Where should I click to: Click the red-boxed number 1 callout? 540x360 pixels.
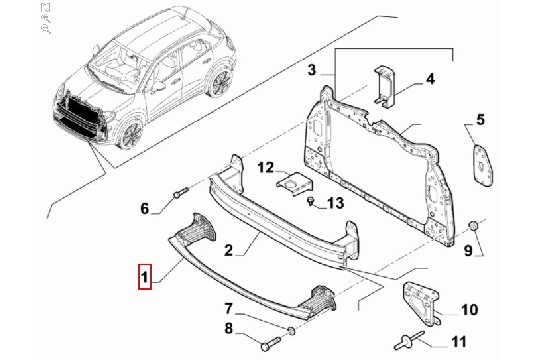pyautogui.click(x=145, y=277)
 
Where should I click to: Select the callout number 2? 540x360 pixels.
pyautogui.click(x=229, y=250)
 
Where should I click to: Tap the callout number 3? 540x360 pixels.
pyautogui.click(x=311, y=70)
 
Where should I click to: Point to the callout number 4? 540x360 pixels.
pyautogui.click(x=430, y=79)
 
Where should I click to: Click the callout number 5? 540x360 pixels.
pyautogui.click(x=480, y=120)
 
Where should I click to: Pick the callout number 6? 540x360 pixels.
pyautogui.click(x=145, y=208)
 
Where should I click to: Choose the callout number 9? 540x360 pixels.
pyautogui.click(x=468, y=250)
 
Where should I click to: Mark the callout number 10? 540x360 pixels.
pyautogui.click(x=469, y=310)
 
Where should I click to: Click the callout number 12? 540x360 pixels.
pyautogui.click(x=266, y=168)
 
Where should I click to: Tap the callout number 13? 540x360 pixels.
pyautogui.click(x=335, y=203)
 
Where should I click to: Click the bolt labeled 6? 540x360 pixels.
pyautogui.click(x=181, y=192)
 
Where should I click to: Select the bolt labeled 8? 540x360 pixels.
pyautogui.click(x=271, y=343)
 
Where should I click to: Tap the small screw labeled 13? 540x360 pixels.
pyautogui.click(x=311, y=201)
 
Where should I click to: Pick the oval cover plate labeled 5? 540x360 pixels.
pyautogui.click(x=483, y=166)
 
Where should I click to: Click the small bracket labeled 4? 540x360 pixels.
pyautogui.click(x=383, y=85)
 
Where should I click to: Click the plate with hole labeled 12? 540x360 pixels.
pyautogui.click(x=294, y=184)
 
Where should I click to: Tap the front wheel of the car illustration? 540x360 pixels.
pyautogui.click(x=131, y=135)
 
